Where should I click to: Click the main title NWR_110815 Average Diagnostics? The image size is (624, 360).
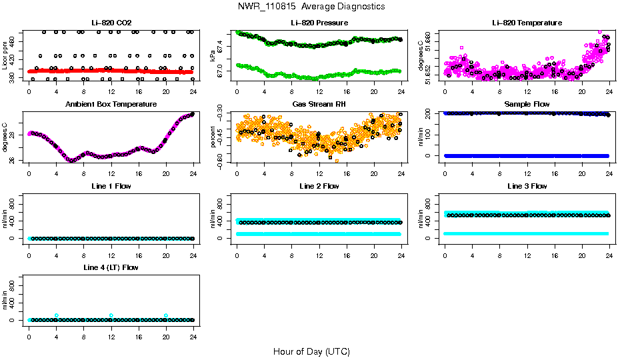[311, 7]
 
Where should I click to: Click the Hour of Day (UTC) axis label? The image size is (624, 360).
[311, 351]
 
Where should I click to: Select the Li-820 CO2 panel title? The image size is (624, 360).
[111, 23]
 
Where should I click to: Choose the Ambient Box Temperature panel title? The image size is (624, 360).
[111, 105]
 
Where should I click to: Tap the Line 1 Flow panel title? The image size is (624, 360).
[111, 186]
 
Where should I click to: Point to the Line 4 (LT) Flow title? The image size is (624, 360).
[111, 267]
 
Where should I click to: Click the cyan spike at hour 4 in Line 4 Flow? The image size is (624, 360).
[57, 315]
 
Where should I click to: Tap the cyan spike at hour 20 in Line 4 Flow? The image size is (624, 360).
[166, 315]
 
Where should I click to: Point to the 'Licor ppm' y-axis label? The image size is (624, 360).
[5, 56]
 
